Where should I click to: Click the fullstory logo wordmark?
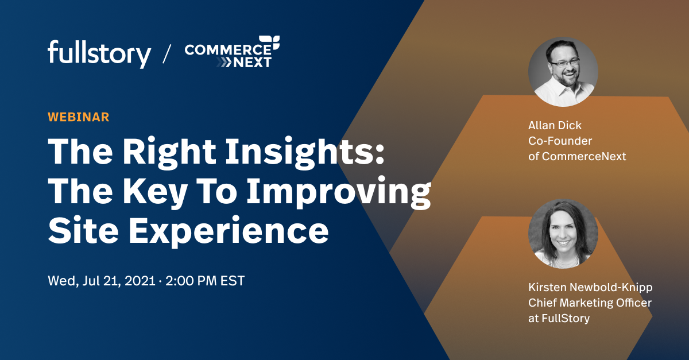(99, 54)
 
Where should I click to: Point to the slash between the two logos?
(167, 54)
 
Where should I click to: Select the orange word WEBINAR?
(79, 117)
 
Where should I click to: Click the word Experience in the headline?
(230, 230)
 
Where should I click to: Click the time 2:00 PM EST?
(205, 282)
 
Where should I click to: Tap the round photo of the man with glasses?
(563, 72)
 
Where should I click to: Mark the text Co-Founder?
(560, 140)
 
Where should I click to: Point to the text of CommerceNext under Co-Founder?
(577, 156)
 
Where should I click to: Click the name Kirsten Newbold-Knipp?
(590, 287)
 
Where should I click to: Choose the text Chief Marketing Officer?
(590, 303)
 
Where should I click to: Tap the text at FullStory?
(559, 318)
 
